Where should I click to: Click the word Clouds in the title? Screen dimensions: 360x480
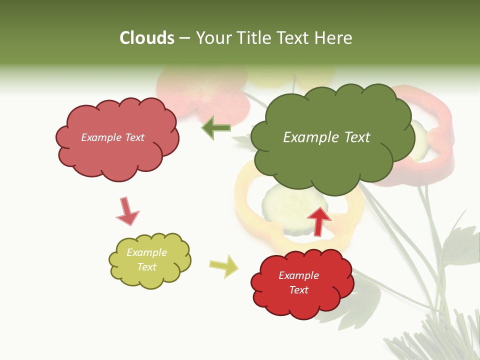pos(147,38)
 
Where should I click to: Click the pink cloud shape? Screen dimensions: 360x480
pos(117,155)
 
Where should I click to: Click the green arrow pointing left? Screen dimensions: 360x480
pos(216,128)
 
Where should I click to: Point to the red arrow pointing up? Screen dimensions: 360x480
pos(318,220)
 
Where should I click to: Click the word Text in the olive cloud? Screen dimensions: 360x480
pos(147,267)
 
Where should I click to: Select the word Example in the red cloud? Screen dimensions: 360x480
pos(298,275)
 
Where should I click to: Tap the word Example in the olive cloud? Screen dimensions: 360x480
pos(147,252)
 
